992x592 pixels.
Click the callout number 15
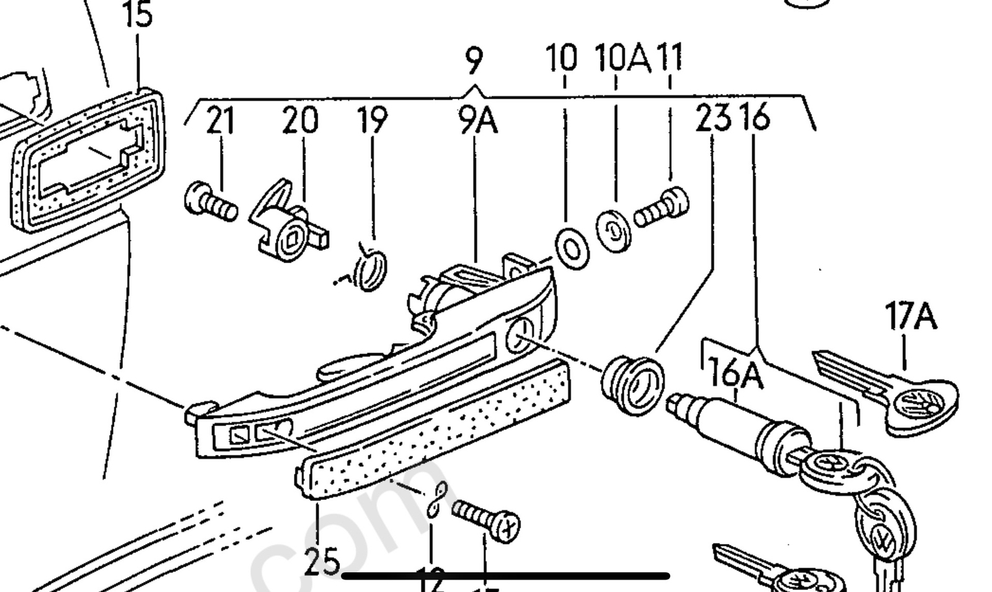coord(138,15)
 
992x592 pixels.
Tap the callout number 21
coord(220,120)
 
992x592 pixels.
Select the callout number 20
coord(300,120)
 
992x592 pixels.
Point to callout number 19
coord(373,120)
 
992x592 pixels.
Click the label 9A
coord(478,121)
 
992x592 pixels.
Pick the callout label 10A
coord(622,58)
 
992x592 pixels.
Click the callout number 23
coord(713,118)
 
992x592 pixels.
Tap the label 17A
coord(910,316)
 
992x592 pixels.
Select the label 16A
coord(735,374)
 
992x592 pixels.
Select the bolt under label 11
coord(662,209)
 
